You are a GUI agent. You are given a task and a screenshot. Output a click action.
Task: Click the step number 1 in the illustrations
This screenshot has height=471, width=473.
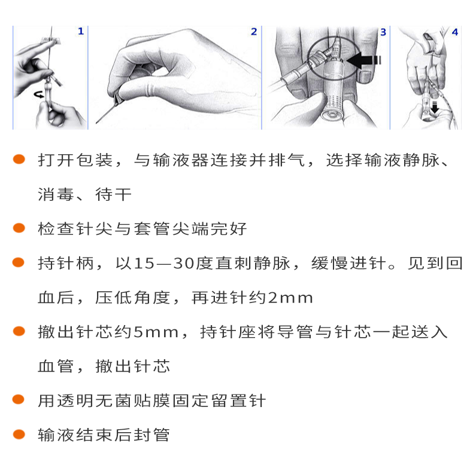[x=81, y=31]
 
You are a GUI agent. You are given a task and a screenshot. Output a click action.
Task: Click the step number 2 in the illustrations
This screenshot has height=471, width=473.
[x=254, y=31]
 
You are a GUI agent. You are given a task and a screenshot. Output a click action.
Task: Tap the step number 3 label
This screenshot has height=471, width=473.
[x=383, y=31]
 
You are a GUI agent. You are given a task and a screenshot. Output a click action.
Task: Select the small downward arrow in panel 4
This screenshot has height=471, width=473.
[x=435, y=106]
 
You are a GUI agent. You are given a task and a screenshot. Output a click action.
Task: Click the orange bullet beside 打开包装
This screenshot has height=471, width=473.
[x=19, y=160]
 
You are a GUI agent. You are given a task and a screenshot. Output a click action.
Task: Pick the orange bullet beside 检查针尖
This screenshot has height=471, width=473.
[x=19, y=228]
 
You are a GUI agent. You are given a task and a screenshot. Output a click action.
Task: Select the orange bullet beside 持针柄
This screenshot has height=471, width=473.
[x=19, y=262]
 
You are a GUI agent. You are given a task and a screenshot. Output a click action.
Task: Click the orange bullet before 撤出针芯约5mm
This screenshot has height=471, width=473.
[x=19, y=331]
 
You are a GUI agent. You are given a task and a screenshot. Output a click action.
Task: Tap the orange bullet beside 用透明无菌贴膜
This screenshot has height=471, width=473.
[x=19, y=400]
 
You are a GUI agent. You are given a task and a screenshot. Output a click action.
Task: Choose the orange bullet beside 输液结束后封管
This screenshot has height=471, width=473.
[x=19, y=435]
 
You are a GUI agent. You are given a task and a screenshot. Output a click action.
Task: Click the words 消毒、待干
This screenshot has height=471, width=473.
[x=84, y=195]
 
